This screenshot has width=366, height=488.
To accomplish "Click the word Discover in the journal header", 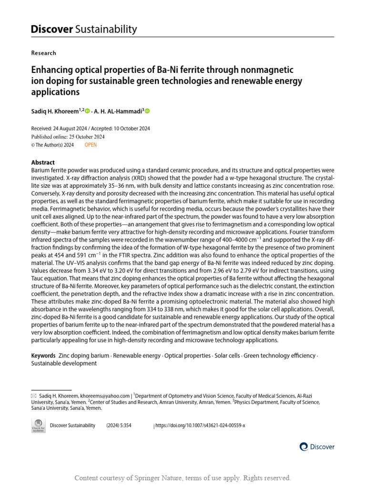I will point(51,29).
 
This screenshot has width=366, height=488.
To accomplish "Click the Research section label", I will point(43,53).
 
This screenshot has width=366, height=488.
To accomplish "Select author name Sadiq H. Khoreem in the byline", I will point(57,111).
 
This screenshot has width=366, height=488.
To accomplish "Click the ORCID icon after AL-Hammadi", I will point(147,111).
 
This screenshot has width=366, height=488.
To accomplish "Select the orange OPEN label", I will point(91,145).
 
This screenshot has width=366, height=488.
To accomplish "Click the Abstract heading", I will point(43,163).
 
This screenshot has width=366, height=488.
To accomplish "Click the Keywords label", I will point(43,356).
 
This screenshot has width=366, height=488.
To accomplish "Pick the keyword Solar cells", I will point(227,356).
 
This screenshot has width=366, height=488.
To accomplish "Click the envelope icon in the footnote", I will point(33,396).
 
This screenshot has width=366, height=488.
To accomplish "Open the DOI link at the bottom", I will point(200,426).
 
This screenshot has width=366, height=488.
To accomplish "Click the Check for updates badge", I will point(38,426).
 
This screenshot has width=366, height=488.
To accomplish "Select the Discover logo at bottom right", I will point(317,447).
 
